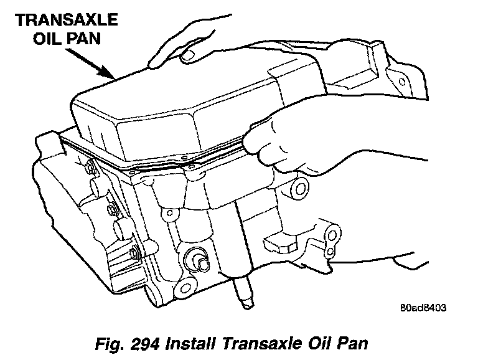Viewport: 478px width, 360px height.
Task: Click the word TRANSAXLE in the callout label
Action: click(x=67, y=20)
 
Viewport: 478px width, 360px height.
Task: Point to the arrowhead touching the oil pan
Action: click(x=108, y=74)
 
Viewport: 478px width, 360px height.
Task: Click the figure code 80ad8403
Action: click(x=423, y=308)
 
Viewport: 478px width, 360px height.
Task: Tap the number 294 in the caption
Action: click(x=145, y=344)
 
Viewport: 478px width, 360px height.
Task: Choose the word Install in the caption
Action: click(x=190, y=344)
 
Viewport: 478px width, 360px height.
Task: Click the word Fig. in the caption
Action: click(x=110, y=344)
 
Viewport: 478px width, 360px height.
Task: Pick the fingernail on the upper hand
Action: click(x=187, y=55)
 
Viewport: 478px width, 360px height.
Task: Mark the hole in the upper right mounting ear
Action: click(x=402, y=82)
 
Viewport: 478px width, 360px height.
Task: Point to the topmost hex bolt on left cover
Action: click(x=90, y=168)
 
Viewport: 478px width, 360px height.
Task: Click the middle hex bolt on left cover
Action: click(x=112, y=210)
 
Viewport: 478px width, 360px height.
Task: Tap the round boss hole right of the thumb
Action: click(x=299, y=187)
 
